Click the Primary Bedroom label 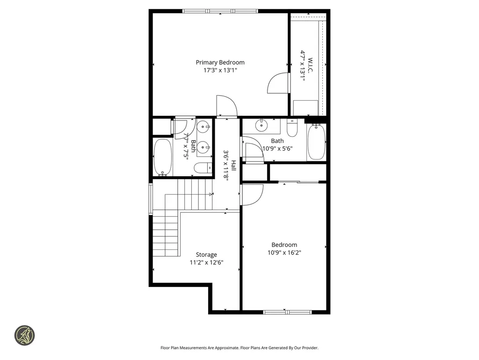click(x=220, y=62)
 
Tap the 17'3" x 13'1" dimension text click(x=220, y=71)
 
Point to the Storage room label click(x=206, y=255)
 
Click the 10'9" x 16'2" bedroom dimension click(x=284, y=253)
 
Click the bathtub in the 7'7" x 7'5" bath click(x=163, y=157)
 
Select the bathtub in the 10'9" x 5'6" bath click(x=316, y=142)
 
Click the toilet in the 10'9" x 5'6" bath click(x=292, y=127)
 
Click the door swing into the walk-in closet click(x=278, y=83)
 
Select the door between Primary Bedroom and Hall click(x=224, y=105)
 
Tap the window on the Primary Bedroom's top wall click(x=220, y=11)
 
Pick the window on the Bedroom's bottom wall click(x=287, y=312)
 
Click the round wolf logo click(x=24, y=336)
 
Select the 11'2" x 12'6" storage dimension click(x=206, y=262)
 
